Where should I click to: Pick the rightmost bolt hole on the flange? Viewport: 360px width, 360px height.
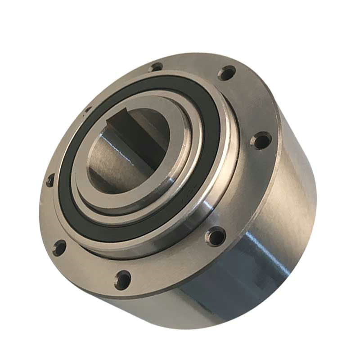[x=261, y=141]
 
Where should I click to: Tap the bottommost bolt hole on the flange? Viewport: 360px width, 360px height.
[x=122, y=279]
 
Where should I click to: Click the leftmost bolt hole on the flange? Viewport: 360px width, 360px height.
[x=50, y=180]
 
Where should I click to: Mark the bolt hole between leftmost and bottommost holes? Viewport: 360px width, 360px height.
[x=59, y=247]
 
